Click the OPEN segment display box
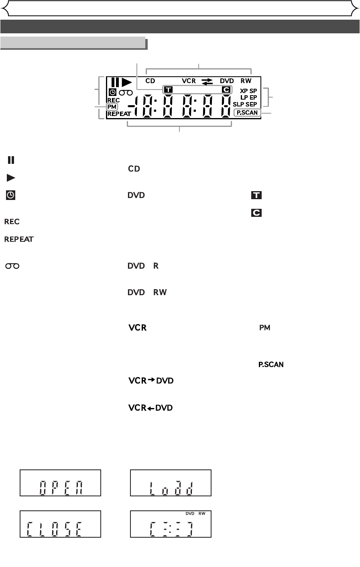[x=61, y=483]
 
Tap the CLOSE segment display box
[x=61, y=524]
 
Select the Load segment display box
[x=171, y=483]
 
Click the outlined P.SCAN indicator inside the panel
[x=247, y=113]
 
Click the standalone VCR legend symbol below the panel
[x=137, y=328]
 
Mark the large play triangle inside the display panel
[x=127, y=82]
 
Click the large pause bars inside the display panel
[x=115, y=82]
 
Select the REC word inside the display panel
[x=114, y=100]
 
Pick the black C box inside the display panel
[x=226, y=89]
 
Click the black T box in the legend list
[x=256, y=196]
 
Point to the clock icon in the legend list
[x=10, y=196]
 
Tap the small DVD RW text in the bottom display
[x=195, y=514]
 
